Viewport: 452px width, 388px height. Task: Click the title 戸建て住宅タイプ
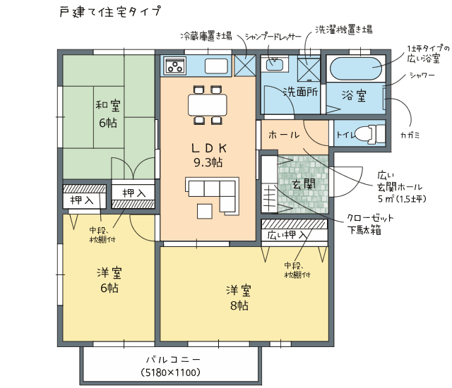(x=110, y=12)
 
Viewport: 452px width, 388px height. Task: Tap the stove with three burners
(x=174, y=66)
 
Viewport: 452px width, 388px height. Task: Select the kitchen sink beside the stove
(x=217, y=66)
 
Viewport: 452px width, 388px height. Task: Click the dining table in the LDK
(x=208, y=105)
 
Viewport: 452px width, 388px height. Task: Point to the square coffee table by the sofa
(x=205, y=211)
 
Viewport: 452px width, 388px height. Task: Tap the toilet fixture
(x=370, y=134)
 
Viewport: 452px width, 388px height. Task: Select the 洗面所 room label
(x=300, y=92)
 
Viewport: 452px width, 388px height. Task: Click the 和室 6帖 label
(x=108, y=114)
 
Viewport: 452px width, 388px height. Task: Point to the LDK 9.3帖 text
(x=208, y=155)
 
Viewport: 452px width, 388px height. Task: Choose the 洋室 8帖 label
(x=239, y=298)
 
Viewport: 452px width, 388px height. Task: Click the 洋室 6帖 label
(x=109, y=280)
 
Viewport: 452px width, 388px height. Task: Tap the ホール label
(x=284, y=135)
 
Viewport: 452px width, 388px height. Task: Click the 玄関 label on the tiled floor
(x=304, y=184)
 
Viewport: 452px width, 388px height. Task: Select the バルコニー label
(x=172, y=360)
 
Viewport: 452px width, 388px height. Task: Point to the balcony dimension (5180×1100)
(x=171, y=372)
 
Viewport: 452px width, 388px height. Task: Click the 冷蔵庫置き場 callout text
(x=206, y=36)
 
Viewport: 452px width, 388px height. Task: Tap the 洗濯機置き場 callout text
(x=343, y=30)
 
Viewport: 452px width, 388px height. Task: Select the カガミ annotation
(x=410, y=135)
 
